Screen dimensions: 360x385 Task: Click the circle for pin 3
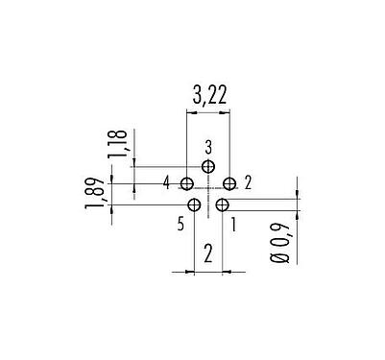point(208,165)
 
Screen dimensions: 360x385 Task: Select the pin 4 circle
point(187,182)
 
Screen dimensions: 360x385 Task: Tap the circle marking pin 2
point(229,182)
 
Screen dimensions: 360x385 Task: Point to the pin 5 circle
point(195,204)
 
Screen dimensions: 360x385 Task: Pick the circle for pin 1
point(222,204)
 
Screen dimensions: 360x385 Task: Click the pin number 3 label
point(208,147)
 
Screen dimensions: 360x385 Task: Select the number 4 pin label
point(167,182)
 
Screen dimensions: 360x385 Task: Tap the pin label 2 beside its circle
point(248,182)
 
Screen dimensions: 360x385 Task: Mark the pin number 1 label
point(235,225)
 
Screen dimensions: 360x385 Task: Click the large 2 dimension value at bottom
point(208,254)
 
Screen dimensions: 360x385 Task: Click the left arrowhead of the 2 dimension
point(191,272)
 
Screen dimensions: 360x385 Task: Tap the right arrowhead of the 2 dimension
point(226,272)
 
